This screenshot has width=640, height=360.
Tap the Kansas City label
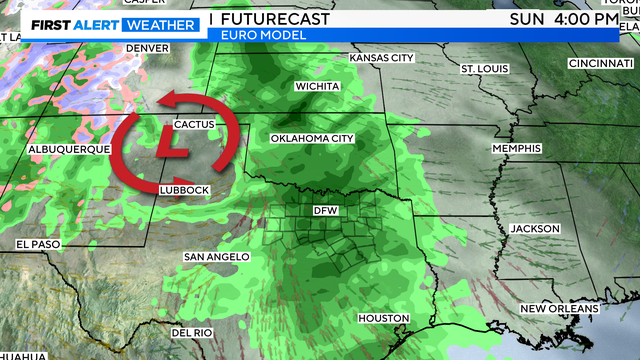pyautogui.click(x=381, y=58)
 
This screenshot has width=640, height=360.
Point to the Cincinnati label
pyautogui.click(x=596, y=63)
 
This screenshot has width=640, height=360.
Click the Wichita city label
pyautogui.click(x=317, y=86)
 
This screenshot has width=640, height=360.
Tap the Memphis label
pyautogui.click(x=516, y=148)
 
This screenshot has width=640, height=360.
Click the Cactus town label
pyautogui.click(x=194, y=125)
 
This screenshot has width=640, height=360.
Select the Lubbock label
pyautogui.click(x=184, y=189)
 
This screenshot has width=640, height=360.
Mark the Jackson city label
pyautogui.click(x=533, y=228)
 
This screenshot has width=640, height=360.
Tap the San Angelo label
pyautogui.click(x=216, y=257)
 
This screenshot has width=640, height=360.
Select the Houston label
pyautogui.click(x=383, y=318)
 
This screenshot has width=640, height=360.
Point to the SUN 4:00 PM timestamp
pyautogui.click(x=563, y=19)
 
